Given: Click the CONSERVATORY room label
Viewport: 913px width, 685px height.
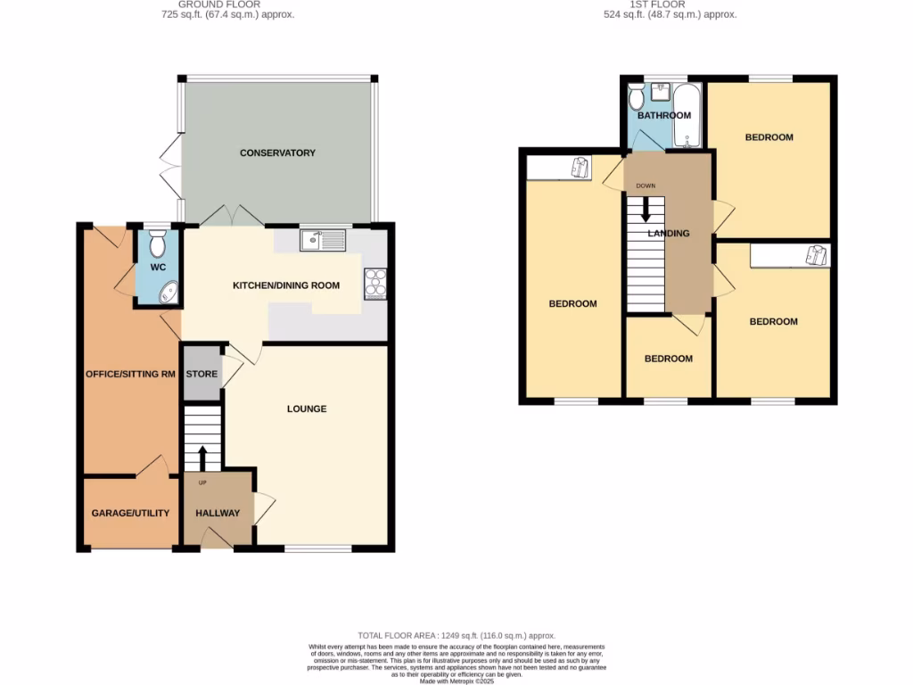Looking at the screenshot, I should tap(277, 153).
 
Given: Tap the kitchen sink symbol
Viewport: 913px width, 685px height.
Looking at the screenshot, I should tap(323, 239).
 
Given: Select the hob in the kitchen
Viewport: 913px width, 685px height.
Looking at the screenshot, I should tap(374, 282).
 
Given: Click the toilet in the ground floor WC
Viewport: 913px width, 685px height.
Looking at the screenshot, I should tap(158, 243).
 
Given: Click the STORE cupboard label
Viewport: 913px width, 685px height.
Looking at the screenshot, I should tap(202, 374).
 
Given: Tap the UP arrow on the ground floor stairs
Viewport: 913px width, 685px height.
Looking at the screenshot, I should tap(202, 458).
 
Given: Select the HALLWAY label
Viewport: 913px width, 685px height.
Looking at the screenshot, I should tap(218, 513).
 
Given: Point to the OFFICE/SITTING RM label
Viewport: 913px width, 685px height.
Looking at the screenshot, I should tap(130, 374).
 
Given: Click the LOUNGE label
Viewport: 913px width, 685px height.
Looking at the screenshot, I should tap(307, 409).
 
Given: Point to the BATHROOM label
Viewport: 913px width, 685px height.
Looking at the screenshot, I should tap(664, 116).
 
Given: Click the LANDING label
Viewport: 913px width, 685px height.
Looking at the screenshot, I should tap(669, 234).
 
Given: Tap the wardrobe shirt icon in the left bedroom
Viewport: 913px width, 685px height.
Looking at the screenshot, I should tap(580, 167).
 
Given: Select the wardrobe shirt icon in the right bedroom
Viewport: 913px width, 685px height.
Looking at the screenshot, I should tap(816, 255).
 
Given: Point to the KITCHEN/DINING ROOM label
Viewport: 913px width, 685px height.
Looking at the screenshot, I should tap(286, 286).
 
